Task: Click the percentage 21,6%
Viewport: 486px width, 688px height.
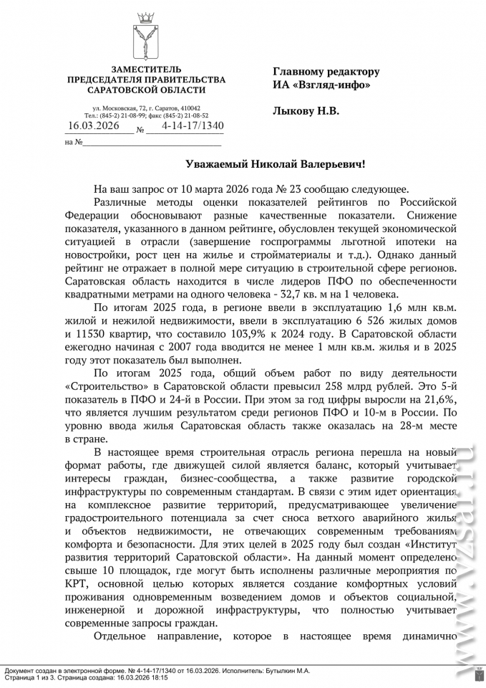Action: pyautogui.click(x=442, y=401)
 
